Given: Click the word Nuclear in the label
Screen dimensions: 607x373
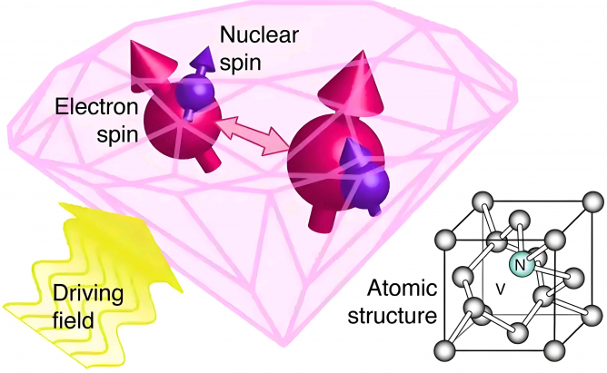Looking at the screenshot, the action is tap(259, 34).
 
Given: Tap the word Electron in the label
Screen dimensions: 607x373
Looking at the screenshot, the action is tap(96, 106).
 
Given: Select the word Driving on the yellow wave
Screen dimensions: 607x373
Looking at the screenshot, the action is tap(88, 295).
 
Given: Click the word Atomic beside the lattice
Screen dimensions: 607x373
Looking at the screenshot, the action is tap(402, 288).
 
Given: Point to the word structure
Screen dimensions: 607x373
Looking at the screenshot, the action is tap(393, 316).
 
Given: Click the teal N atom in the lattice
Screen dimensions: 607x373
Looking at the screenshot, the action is tap(521, 265).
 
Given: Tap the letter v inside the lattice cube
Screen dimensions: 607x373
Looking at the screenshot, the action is tap(501, 289).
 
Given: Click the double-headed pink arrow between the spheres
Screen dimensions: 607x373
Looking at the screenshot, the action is tap(253, 135).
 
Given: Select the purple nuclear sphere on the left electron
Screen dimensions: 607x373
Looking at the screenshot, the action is tap(194, 93).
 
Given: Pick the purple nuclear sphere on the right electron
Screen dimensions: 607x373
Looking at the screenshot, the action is tap(363, 185).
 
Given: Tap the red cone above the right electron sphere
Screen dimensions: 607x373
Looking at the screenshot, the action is tap(353, 86).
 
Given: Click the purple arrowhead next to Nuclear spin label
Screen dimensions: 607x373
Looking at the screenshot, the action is tap(203, 59).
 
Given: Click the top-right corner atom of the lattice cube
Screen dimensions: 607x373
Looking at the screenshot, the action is tap(592, 201).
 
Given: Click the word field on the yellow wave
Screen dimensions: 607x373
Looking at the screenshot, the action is tap(74, 321).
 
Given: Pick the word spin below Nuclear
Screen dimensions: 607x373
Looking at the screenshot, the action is tap(241, 64).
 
